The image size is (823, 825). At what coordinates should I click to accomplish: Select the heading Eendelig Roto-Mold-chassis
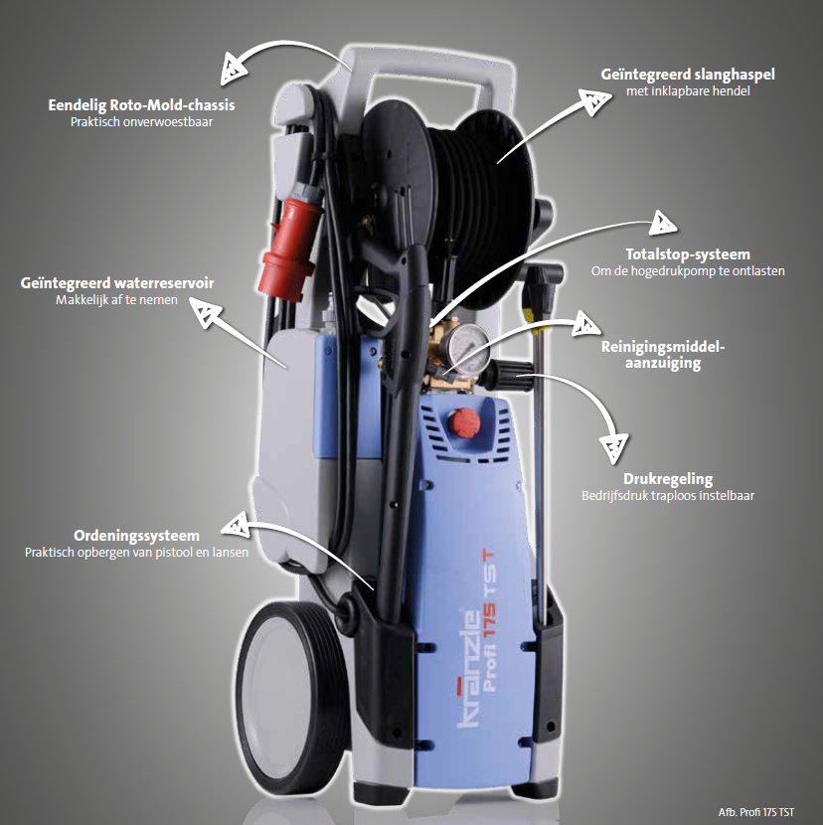pyautogui.click(x=141, y=105)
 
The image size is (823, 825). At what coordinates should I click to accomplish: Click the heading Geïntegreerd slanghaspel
pyautogui.click(x=688, y=75)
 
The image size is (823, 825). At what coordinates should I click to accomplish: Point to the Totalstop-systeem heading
pyautogui.click(x=688, y=254)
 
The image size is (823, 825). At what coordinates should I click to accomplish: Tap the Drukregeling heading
pyautogui.click(x=668, y=479)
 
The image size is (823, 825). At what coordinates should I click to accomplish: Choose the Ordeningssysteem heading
pyautogui.click(x=137, y=536)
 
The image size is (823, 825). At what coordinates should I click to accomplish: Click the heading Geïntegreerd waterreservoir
pyautogui.click(x=117, y=283)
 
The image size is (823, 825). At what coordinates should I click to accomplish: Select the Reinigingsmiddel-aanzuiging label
pyautogui.click(x=663, y=355)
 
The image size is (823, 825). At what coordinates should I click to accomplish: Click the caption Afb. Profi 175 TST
pyautogui.click(x=756, y=812)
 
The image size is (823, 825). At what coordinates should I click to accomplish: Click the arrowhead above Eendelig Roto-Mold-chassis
pyautogui.click(x=232, y=69)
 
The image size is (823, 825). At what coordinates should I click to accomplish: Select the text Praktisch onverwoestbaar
pyautogui.click(x=141, y=122)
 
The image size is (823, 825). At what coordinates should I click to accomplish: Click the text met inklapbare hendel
pyautogui.click(x=688, y=91)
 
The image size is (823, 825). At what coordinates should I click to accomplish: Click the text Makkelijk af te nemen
pyautogui.click(x=117, y=300)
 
